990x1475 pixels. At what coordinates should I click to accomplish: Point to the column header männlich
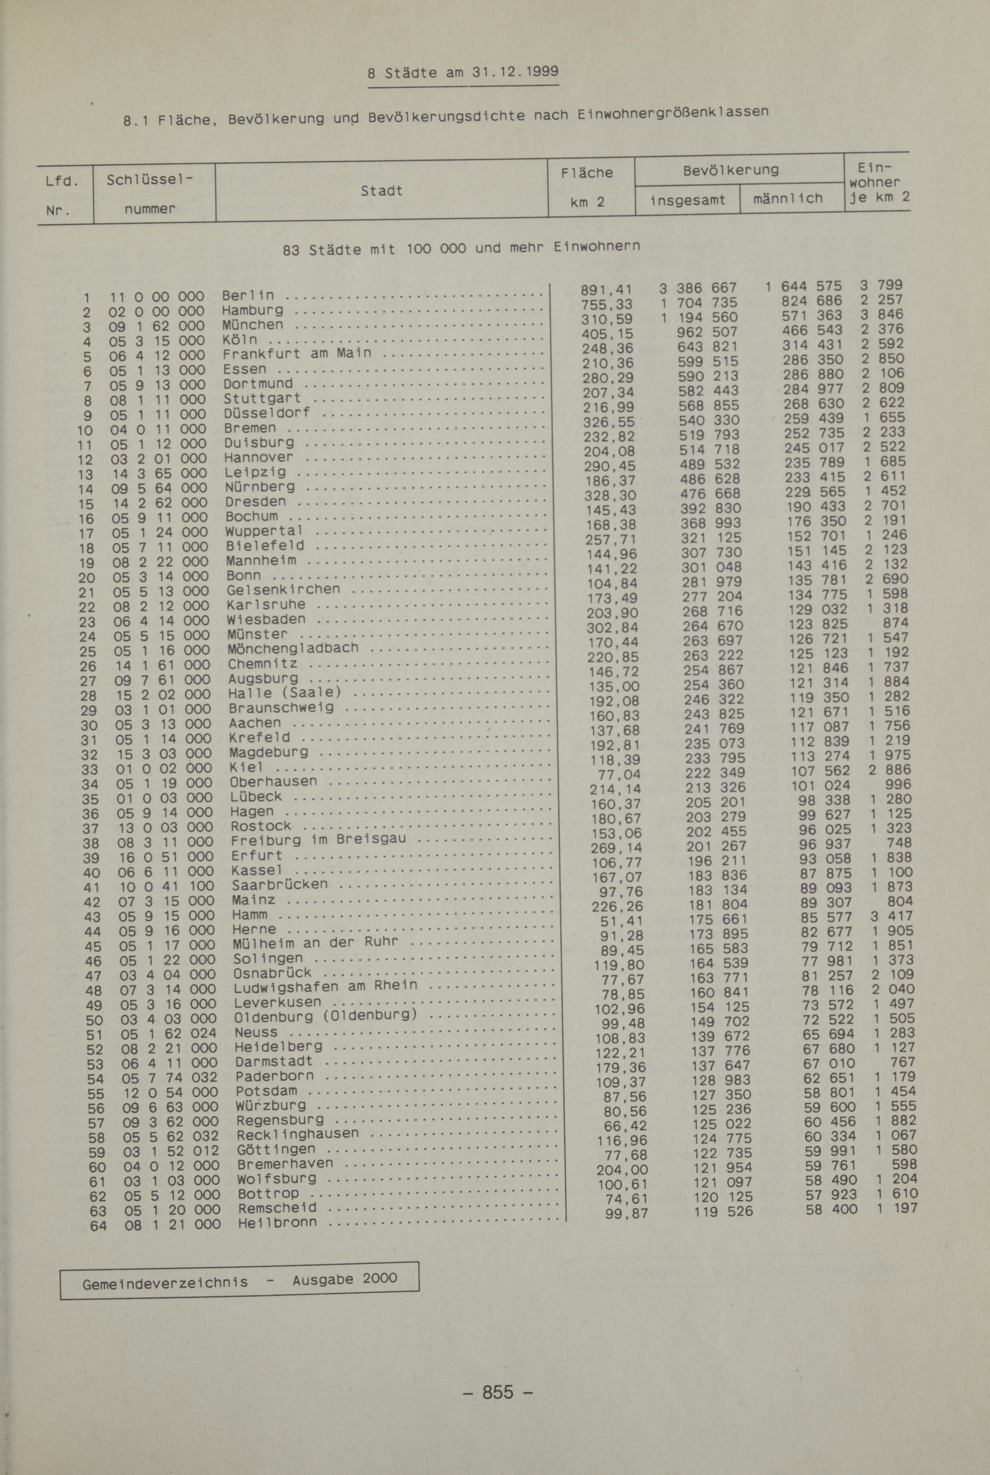788,198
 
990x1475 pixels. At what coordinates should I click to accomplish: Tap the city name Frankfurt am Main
297,354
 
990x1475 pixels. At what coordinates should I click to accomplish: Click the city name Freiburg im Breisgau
318,840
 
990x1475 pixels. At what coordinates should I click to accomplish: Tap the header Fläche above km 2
586,172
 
